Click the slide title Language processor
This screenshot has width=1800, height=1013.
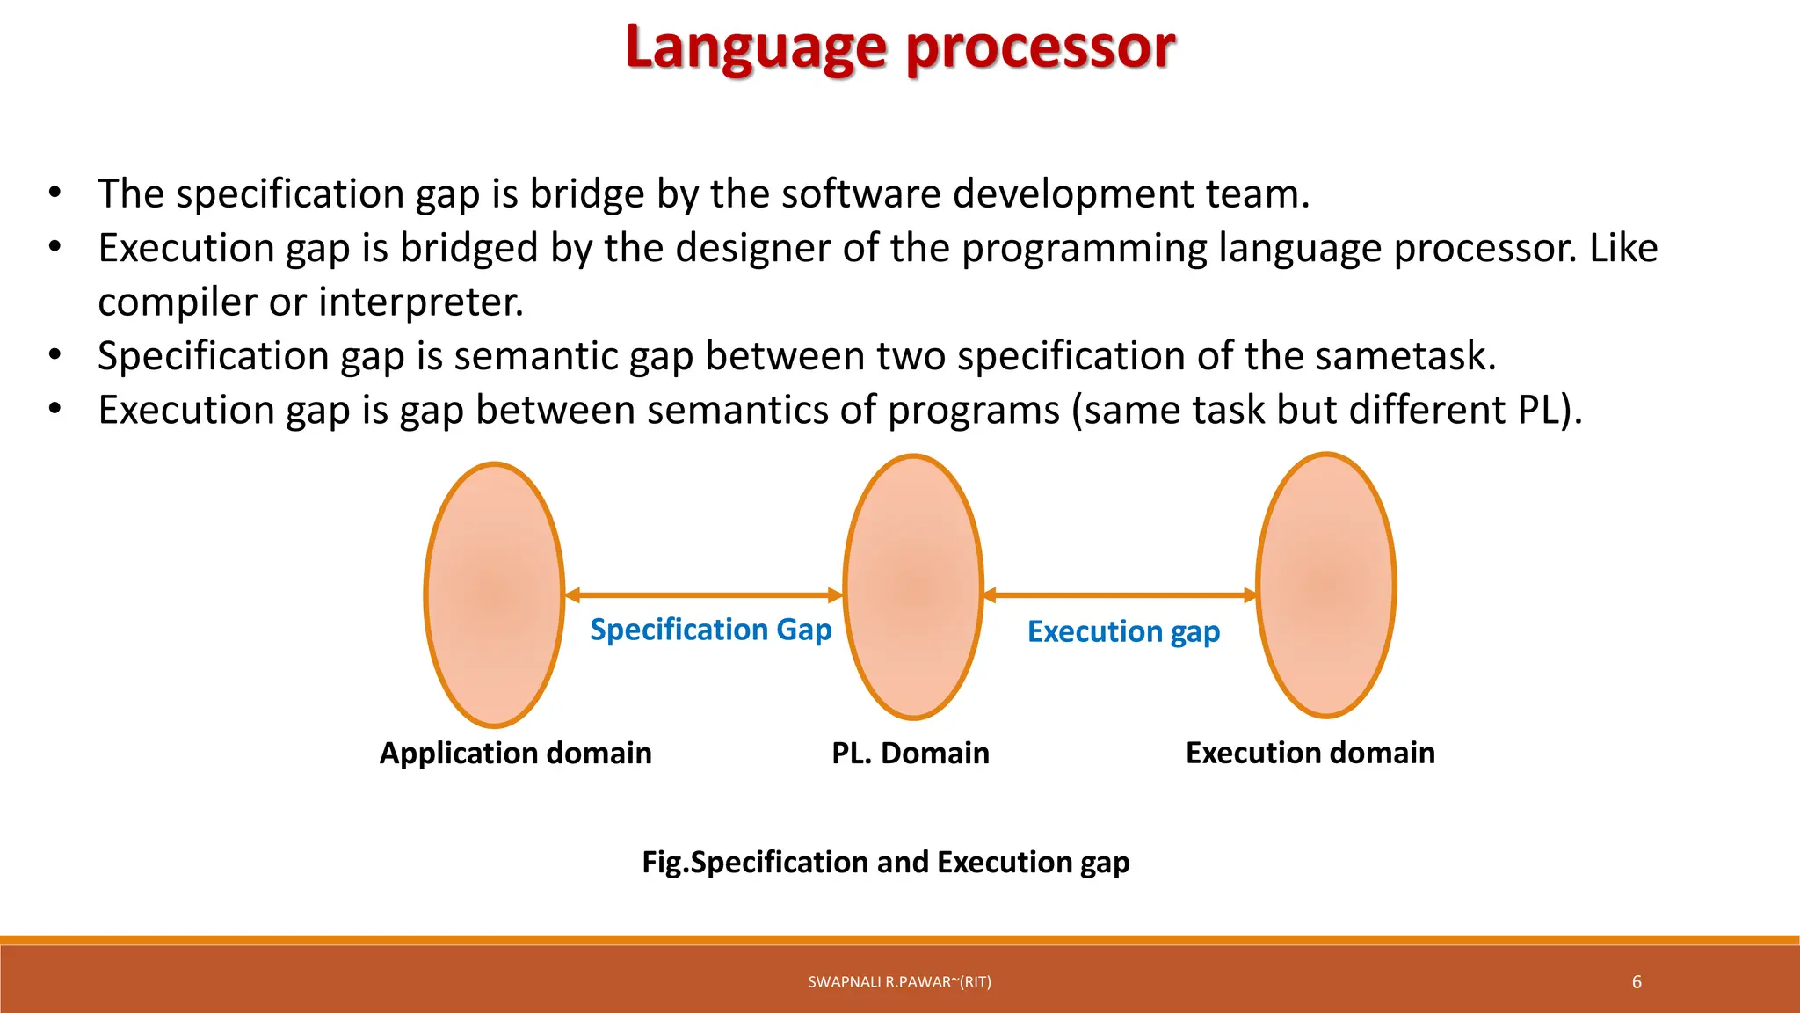900,47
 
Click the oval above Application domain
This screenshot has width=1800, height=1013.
495,594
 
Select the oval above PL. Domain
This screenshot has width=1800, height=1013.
913,587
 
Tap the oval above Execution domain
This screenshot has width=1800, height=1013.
1326,585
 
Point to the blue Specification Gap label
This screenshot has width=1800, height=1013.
710,630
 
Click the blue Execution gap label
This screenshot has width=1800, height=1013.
1123,631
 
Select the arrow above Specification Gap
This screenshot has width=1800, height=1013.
703,595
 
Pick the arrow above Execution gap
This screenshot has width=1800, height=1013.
1120,595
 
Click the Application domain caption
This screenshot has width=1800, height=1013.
515,753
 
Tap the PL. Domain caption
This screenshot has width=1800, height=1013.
911,753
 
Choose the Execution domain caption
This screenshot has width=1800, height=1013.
1310,753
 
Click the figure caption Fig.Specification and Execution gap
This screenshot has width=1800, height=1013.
886,862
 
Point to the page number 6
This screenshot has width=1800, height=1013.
1637,982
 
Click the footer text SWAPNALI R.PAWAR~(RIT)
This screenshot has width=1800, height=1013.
899,982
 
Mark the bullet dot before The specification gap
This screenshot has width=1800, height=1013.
54,193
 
